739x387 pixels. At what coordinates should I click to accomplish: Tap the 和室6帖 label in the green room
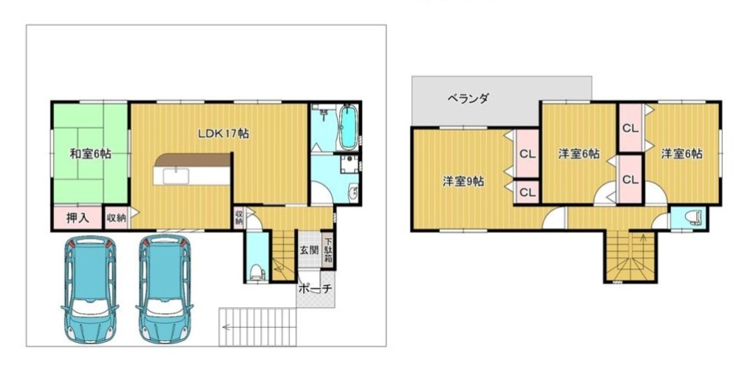pos(90,154)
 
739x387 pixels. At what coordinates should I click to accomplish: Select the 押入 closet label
pos(78,218)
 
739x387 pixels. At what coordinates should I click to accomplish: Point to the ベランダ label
pos(468,98)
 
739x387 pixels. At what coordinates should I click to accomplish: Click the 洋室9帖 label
pos(463,181)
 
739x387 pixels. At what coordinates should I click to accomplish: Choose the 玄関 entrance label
pos(310,249)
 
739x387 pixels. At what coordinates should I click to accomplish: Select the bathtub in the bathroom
pos(348,126)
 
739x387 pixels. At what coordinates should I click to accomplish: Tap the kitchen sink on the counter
pos(176,176)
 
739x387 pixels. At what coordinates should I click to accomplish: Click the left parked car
pos(90,289)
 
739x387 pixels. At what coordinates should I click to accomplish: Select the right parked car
pos(165,289)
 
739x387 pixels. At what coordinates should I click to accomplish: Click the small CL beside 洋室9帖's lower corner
pos(528,192)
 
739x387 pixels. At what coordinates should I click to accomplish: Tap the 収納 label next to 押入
pos(116,218)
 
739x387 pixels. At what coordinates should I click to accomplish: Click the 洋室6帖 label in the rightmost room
pos(681,154)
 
